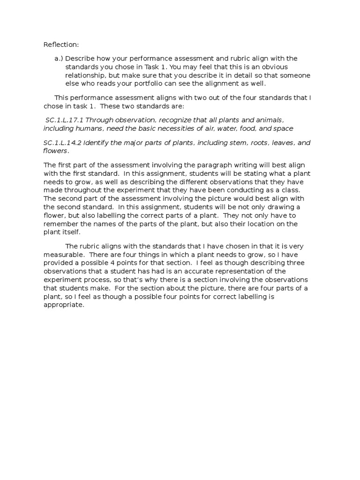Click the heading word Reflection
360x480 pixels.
(61, 45)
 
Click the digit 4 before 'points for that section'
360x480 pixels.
(118, 263)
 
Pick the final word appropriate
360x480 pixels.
(63, 305)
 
